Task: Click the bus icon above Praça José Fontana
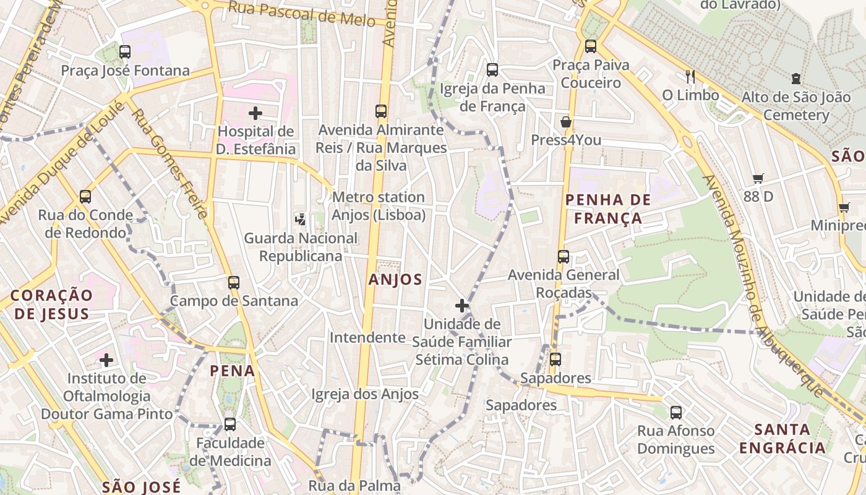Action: coord(125,52)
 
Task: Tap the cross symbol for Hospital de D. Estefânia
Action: coord(255,113)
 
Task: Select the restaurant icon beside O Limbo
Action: coord(690,77)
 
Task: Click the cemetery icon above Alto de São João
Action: coord(795,79)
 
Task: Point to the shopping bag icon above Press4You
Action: coord(565,122)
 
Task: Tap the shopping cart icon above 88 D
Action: coord(758,179)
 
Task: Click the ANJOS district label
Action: coord(395,280)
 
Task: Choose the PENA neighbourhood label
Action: coord(233,371)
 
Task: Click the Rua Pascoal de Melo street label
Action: coord(301,14)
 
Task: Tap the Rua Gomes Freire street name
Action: coord(169,165)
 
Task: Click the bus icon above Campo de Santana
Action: coord(233,283)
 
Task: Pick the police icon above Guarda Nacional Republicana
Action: coord(300,219)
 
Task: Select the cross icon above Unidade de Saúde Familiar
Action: coord(462,305)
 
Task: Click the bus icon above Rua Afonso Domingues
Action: coord(675,412)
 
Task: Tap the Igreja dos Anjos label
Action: coord(365,394)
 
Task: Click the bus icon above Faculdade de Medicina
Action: coord(230,424)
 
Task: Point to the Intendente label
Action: coord(367,337)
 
